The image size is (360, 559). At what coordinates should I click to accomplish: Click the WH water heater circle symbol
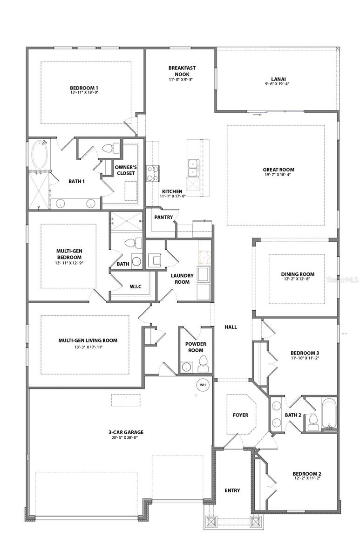pos(203,385)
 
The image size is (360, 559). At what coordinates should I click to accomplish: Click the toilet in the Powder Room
pos(203,364)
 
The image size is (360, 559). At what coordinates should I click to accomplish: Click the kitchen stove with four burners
pos(153,173)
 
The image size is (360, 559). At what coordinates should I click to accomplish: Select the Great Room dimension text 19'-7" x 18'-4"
pos(278,175)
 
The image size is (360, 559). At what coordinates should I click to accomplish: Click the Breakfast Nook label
pos(182,71)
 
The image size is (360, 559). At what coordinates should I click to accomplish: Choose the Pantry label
pos(164,217)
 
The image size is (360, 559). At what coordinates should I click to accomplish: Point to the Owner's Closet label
pos(126,170)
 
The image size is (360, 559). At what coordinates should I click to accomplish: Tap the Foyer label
pos(240,415)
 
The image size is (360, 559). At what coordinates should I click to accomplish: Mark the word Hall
pos(231,327)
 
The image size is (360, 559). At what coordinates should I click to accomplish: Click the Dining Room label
pos(298,274)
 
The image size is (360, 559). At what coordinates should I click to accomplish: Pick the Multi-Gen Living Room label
pos(88,341)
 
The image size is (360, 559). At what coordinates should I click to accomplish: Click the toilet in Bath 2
pos(312,421)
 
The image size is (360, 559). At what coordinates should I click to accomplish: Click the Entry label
pos(232,490)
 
